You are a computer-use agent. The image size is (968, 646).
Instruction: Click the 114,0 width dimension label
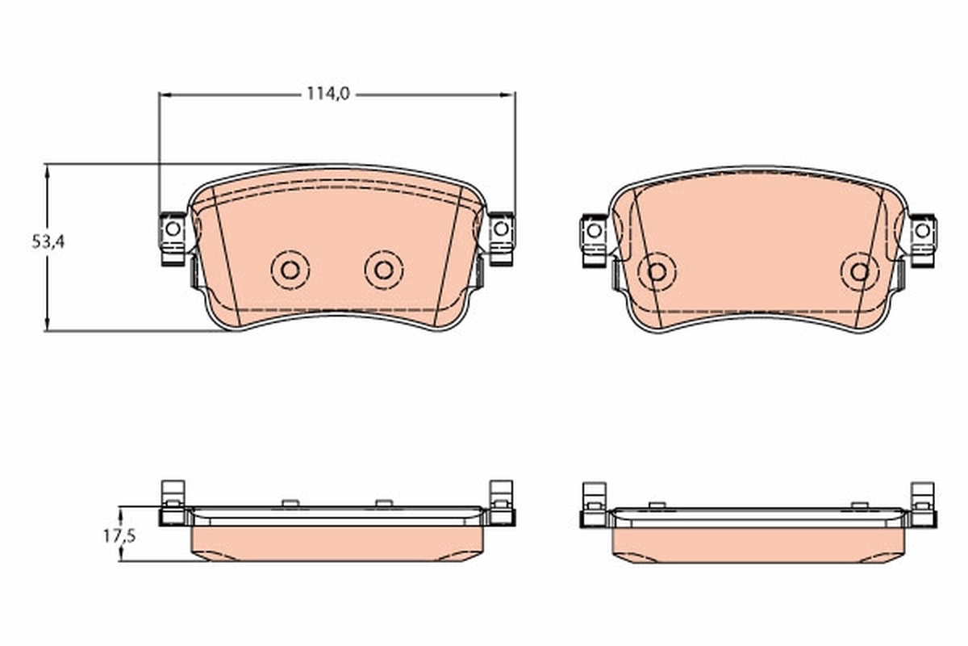coord(328,94)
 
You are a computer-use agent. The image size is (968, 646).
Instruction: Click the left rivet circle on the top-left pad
coord(291,270)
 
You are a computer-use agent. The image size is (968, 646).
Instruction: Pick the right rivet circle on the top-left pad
coord(384,270)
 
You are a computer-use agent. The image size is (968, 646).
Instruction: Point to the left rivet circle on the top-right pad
coord(657,272)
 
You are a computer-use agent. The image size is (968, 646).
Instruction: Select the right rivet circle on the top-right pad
coord(859,272)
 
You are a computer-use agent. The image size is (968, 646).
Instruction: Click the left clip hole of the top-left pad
coord(172,229)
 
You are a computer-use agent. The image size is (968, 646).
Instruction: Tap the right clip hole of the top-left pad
coord(501,229)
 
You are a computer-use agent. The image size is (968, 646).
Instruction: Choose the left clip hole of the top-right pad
coord(595,230)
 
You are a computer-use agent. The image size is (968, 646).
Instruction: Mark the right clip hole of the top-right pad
coord(923,230)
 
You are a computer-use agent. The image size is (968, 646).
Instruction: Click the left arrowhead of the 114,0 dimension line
coord(165,94)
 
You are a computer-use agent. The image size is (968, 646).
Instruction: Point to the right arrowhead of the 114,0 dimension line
coord(509,94)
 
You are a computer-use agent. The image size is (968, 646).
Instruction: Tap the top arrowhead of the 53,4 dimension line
coord(48,170)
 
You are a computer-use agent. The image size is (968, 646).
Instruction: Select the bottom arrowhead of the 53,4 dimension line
coord(48,325)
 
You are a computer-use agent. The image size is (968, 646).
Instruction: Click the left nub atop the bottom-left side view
coord(290,503)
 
